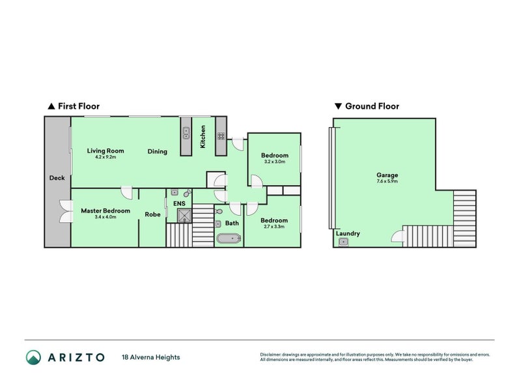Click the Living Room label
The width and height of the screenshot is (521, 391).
click(x=106, y=151)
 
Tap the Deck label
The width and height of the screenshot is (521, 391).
click(x=57, y=178)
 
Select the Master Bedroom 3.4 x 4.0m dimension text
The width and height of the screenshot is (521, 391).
click(x=106, y=217)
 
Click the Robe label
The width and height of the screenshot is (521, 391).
click(x=152, y=214)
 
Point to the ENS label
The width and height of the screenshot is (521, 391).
click(x=179, y=203)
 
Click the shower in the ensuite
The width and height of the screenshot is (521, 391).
click(x=184, y=216)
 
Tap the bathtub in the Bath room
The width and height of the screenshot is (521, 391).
click(x=229, y=239)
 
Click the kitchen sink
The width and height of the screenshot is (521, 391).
click(x=186, y=133)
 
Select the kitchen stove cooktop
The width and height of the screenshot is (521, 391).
click(x=221, y=136)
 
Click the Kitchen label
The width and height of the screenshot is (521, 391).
click(x=203, y=137)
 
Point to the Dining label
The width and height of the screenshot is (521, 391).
click(x=157, y=152)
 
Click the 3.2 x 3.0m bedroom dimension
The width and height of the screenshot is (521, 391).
click(x=275, y=162)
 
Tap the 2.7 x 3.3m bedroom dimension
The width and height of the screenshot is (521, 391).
click(x=274, y=227)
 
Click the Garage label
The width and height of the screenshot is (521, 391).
click(x=387, y=175)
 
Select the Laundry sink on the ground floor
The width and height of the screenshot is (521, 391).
click(x=343, y=242)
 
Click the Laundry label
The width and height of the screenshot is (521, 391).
click(x=348, y=233)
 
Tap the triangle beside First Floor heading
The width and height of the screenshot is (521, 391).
click(x=51, y=106)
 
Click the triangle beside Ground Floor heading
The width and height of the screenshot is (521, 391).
click(x=338, y=106)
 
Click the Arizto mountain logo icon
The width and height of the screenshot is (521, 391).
click(x=34, y=357)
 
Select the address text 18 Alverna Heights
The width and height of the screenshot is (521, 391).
click(x=151, y=357)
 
